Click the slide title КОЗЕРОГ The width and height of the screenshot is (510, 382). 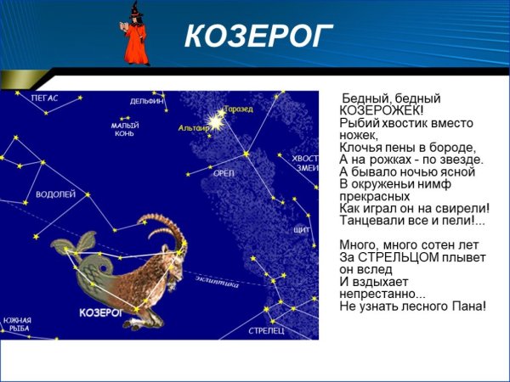coord(258,36)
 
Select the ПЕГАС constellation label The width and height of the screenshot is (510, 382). coord(44,98)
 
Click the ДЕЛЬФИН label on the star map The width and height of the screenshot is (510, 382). coord(146,101)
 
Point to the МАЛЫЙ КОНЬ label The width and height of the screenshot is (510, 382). coord(124,129)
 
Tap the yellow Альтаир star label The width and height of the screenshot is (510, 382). coord(193,127)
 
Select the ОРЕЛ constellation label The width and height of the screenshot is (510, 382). coord(224,173)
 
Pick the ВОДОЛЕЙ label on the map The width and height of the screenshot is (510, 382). coord(55,194)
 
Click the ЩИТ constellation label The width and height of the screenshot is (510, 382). coord(301,230)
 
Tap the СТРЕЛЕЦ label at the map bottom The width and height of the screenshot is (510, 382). coord(266,329)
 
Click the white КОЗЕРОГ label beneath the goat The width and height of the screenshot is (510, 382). coord(101,312)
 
